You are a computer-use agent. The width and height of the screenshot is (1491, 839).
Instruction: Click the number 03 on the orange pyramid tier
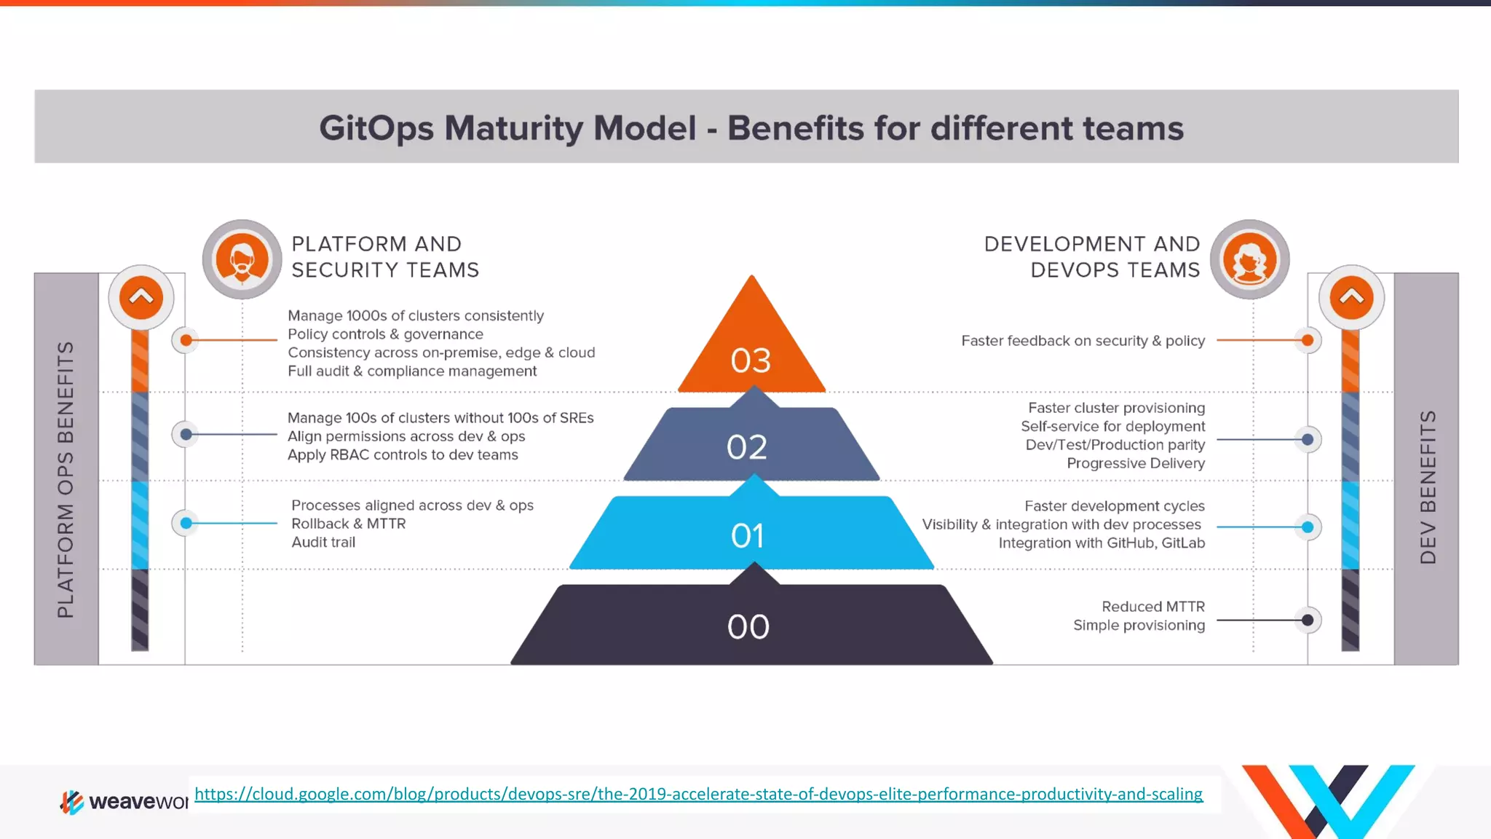(x=751, y=361)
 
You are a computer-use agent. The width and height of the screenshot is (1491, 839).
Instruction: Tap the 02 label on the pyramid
(x=747, y=447)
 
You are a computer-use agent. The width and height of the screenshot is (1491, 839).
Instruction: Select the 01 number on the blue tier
(x=748, y=536)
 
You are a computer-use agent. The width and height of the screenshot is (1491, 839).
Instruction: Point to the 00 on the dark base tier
(x=748, y=627)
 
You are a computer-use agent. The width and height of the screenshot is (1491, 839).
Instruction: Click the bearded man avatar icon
(x=242, y=260)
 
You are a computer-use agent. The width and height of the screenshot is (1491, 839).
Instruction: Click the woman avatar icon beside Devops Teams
(x=1249, y=260)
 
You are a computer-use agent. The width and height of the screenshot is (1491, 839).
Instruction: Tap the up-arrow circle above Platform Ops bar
(x=141, y=297)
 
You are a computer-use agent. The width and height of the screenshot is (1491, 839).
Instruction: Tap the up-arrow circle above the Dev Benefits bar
(x=1351, y=297)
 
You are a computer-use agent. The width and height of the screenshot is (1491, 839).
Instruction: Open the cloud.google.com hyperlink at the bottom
(x=698, y=794)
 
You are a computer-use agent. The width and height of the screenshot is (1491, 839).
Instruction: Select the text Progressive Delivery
(x=1136, y=463)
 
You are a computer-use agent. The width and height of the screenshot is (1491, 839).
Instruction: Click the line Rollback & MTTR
(x=348, y=524)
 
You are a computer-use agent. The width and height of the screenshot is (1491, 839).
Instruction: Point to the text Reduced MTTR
(x=1152, y=607)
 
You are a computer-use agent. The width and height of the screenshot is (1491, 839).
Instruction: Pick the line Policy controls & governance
(x=385, y=334)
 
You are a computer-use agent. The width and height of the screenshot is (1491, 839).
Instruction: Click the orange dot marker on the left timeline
(x=186, y=340)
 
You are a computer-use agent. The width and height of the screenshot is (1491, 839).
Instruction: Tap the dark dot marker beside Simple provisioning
(x=1308, y=621)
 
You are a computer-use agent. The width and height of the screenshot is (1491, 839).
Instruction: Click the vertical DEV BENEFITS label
(x=1428, y=487)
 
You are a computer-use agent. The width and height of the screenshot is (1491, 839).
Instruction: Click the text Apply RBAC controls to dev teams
(x=403, y=455)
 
